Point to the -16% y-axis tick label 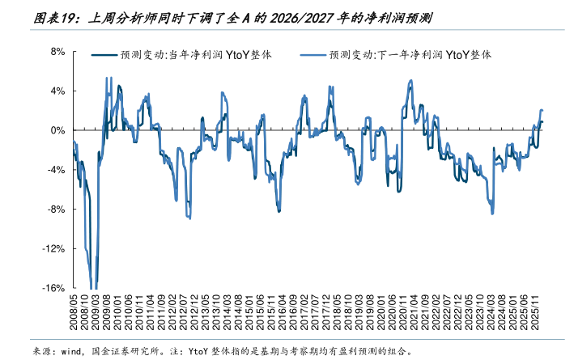[53, 288]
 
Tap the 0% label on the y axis [58, 130]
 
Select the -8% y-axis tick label [56, 209]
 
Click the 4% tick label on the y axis [58, 91]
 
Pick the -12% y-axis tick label [53, 248]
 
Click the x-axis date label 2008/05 [74, 316]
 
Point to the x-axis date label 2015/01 [250, 316]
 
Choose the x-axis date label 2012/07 [184, 316]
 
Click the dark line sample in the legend [104, 56]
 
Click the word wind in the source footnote [74, 351]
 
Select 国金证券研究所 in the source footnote [128, 351]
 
